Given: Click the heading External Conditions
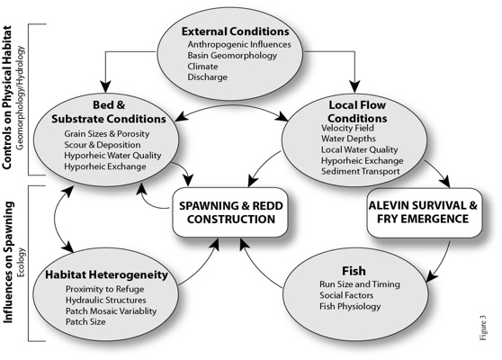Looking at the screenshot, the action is pyautogui.click(x=236, y=31).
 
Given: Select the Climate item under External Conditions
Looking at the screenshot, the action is pyautogui.click(x=202, y=67).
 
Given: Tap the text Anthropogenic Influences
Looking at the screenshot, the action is pyautogui.click(x=239, y=44).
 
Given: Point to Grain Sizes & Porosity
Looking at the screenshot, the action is pyautogui.click(x=107, y=133).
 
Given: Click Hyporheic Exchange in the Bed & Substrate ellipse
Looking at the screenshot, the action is pyautogui.click(x=105, y=166).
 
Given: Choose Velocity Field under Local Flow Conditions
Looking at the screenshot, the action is pyautogui.click(x=347, y=128).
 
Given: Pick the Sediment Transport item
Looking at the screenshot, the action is pyautogui.click(x=361, y=171).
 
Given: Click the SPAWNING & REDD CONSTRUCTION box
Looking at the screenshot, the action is pyautogui.click(x=230, y=212).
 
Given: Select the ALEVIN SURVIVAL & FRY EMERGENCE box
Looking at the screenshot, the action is pyautogui.click(x=425, y=212).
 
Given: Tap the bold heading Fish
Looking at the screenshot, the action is pyautogui.click(x=354, y=271).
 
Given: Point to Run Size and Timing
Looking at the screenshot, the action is pyautogui.click(x=360, y=284).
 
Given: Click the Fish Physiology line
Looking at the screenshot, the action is pyautogui.click(x=350, y=306).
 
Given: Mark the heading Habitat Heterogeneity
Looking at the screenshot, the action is pyautogui.click(x=106, y=274).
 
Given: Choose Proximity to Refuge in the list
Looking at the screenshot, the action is pyautogui.click(x=104, y=289).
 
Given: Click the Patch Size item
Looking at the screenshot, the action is pyautogui.click(x=85, y=321).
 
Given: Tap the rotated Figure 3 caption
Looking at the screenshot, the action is pyautogui.click(x=483, y=328).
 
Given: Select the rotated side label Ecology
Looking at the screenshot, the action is pyautogui.click(x=21, y=262).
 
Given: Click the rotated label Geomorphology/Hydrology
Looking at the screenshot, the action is pyautogui.click(x=20, y=98).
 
